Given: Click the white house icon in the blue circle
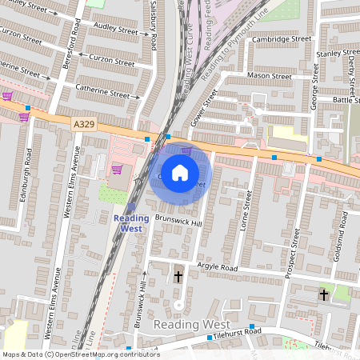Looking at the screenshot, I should click(180, 172).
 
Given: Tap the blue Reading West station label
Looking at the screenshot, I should click(130, 223).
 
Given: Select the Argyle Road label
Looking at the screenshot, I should click(218, 267).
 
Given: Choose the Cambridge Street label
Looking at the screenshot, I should click(281, 38).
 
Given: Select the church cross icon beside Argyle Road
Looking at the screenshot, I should click(178, 278).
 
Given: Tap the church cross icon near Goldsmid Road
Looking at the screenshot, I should click(324, 295).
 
